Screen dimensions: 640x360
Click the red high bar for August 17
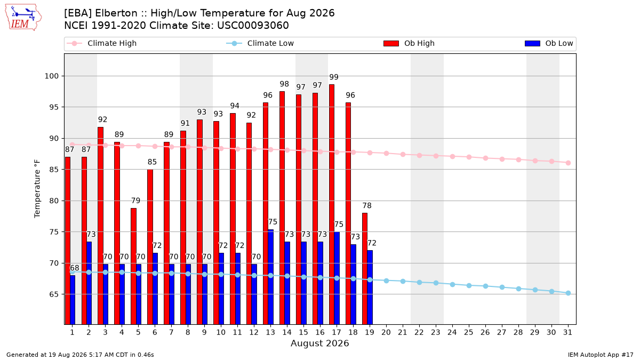click(x=332, y=204)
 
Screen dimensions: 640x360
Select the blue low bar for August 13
click(x=270, y=277)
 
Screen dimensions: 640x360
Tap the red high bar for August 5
click(x=133, y=266)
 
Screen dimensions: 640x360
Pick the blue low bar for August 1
click(x=73, y=300)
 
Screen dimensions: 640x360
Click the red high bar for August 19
click(x=365, y=269)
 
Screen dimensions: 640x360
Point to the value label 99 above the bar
click(x=334, y=77)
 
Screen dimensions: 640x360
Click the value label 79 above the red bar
click(x=135, y=201)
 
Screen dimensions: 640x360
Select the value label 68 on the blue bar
click(x=75, y=268)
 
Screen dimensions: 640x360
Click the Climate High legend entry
click(x=102, y=43)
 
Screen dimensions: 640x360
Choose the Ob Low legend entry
click(x=549, y=43)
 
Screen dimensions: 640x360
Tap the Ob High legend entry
click(x=409, y=43)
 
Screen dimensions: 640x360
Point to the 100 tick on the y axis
click(x=51, y=76)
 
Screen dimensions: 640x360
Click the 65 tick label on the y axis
click(x=54, y=294)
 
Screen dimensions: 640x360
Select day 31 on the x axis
click(x=567, y=332)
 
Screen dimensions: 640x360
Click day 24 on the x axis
click(x=452, y=332)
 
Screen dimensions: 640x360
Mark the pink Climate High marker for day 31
click(x=569, y=163)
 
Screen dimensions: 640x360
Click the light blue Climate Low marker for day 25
click(x=469, y=286)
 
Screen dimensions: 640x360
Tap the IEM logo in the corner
click(x=23, y=18)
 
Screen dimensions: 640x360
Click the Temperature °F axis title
click(x=37, y=189)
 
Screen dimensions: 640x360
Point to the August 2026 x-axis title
click(x=319, y=343)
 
